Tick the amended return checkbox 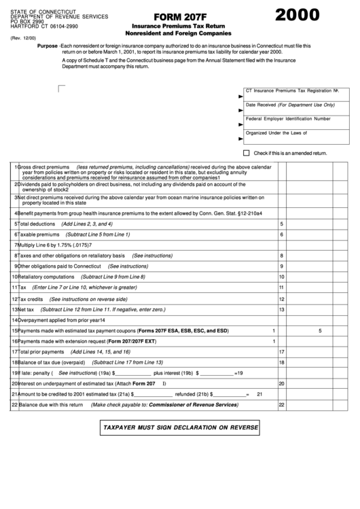(247, 153)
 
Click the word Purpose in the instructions (48, 46)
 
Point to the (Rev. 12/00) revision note (24, 38)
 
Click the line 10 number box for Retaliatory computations (281, 277)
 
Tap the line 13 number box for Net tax (281, 309)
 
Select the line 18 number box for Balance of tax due (281, 362)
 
